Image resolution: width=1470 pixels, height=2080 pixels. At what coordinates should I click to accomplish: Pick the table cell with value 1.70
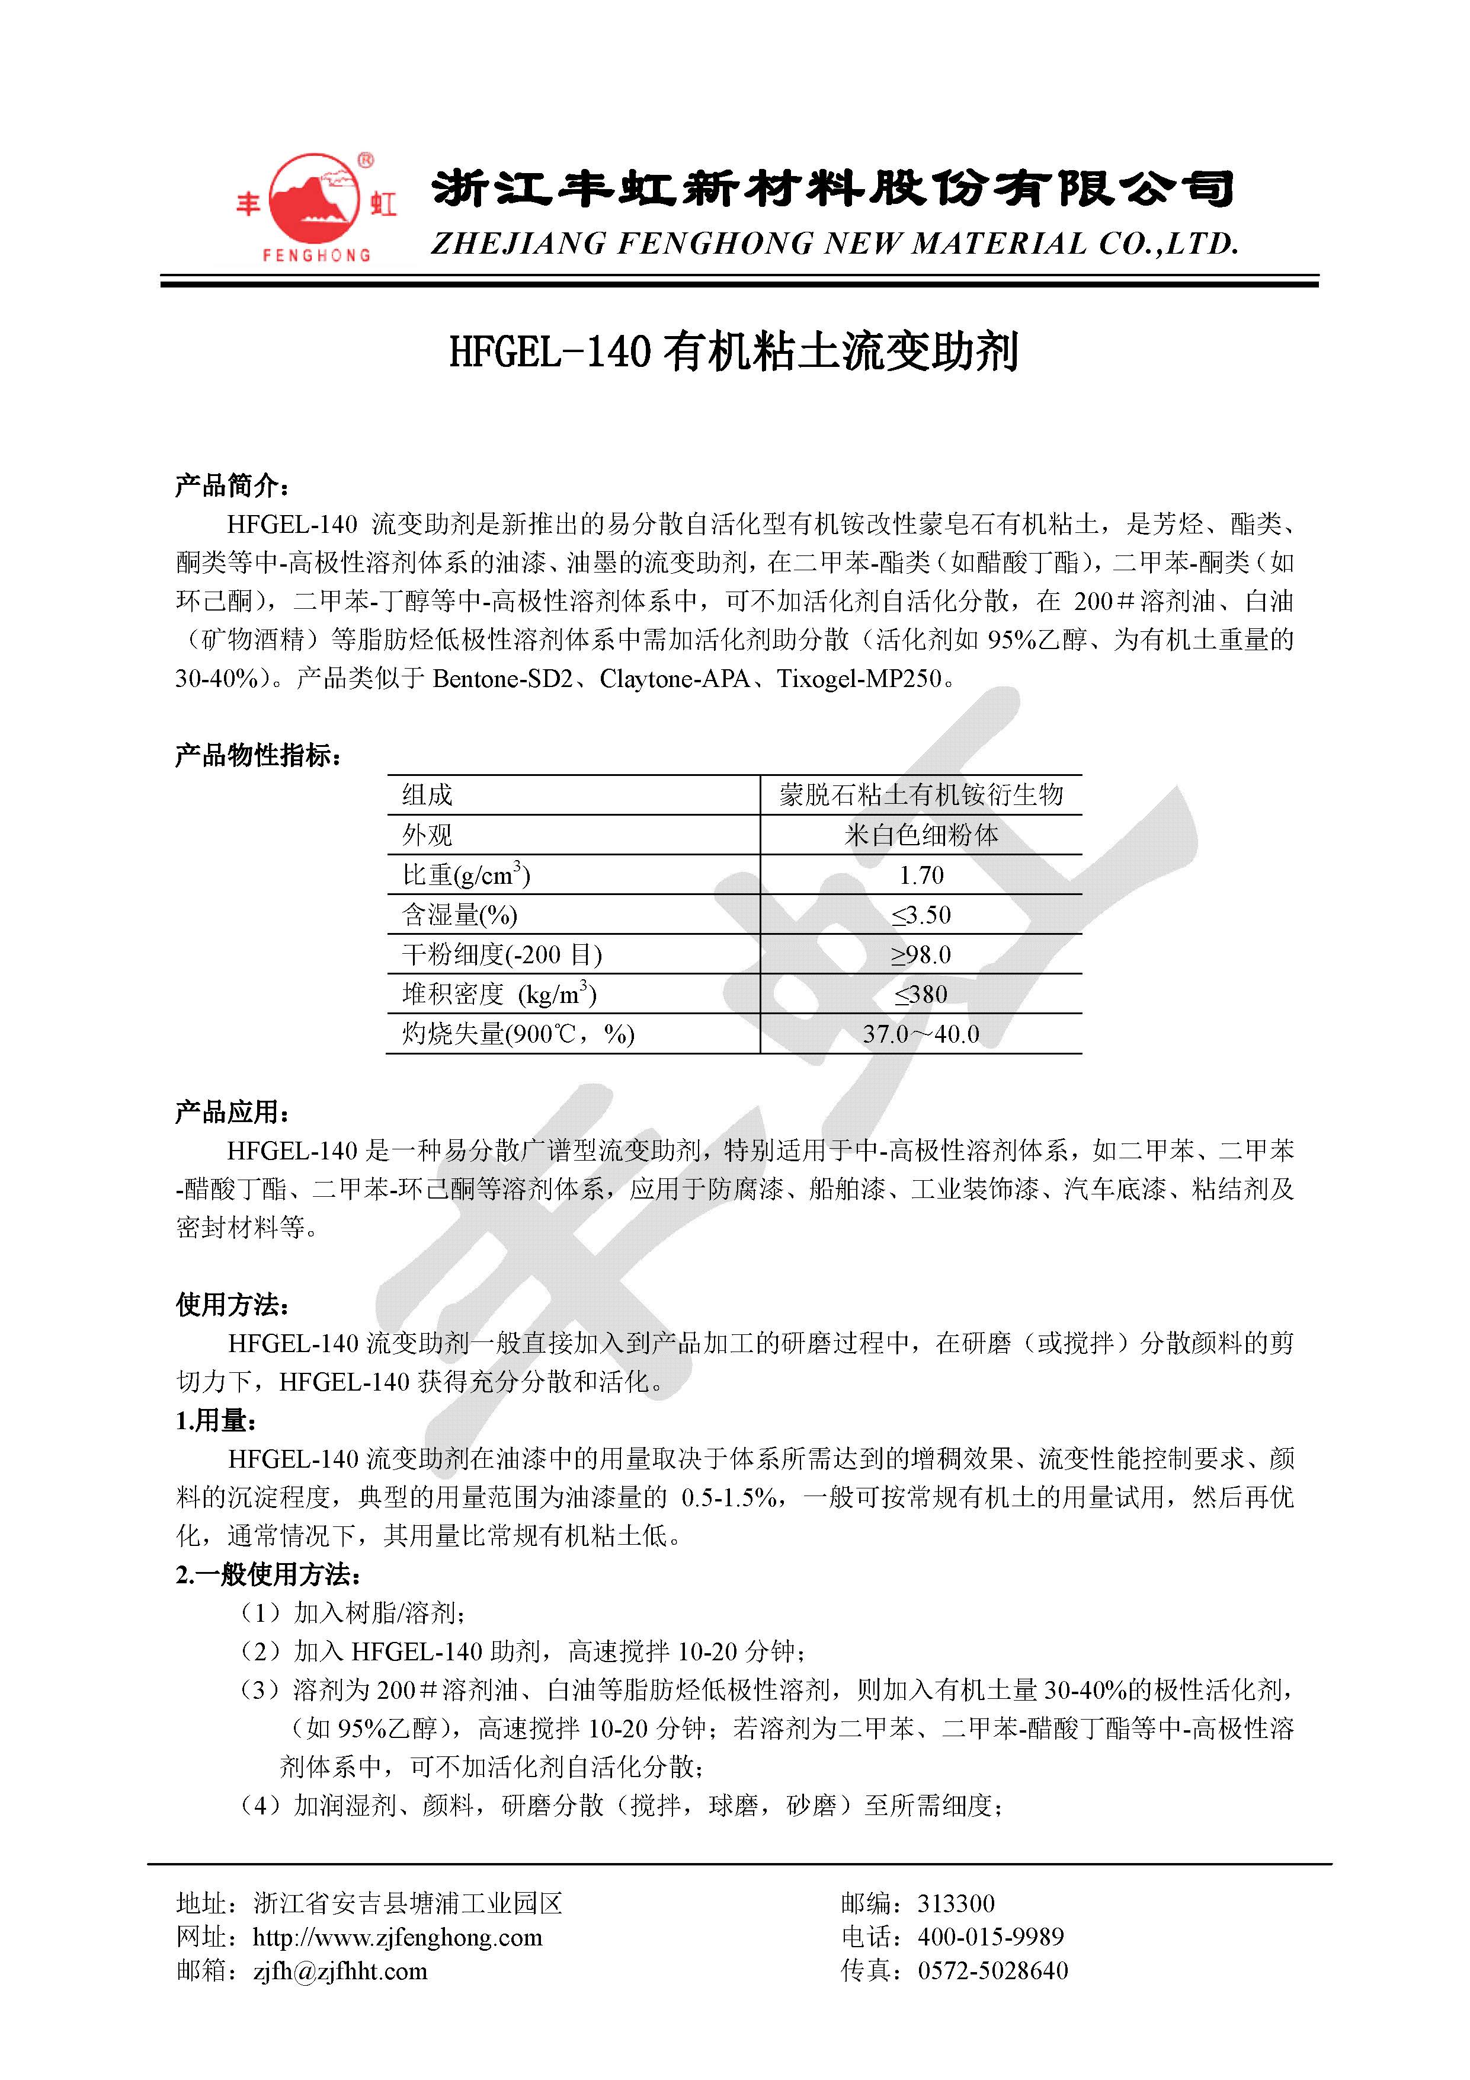coord(921,875)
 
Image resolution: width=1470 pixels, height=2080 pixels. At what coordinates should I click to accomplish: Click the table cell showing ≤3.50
coord(921,915)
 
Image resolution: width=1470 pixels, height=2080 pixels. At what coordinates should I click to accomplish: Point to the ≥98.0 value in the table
coord(921,955)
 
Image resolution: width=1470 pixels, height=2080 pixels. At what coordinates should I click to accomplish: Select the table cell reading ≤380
coord(921,995)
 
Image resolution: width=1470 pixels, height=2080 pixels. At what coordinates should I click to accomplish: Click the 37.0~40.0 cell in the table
coord(921,1034)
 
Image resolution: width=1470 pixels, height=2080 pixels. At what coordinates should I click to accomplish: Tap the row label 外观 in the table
coord(428,835)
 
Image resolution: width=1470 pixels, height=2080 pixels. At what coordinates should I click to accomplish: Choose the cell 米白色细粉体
coord(921,835)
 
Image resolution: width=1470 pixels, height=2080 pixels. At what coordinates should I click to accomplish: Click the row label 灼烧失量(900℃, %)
coord(518,1034)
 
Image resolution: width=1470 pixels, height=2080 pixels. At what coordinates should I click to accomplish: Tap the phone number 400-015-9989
coord(991,1938)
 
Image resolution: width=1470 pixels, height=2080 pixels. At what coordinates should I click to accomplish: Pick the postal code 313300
coord(956,1903)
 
